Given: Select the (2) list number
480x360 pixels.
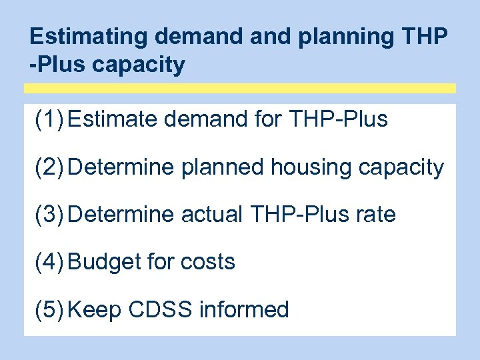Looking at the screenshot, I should tap(49, 167).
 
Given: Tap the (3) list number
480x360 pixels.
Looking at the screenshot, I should tap(49, 214).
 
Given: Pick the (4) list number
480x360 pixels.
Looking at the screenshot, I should tap(49, 261).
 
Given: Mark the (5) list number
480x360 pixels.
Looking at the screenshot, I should tap(49, 309).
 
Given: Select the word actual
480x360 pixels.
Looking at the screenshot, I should tap(211, 214).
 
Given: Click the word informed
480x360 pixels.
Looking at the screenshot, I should tap(244, 309).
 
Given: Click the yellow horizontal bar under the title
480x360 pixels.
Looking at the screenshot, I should tap(240, 88).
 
